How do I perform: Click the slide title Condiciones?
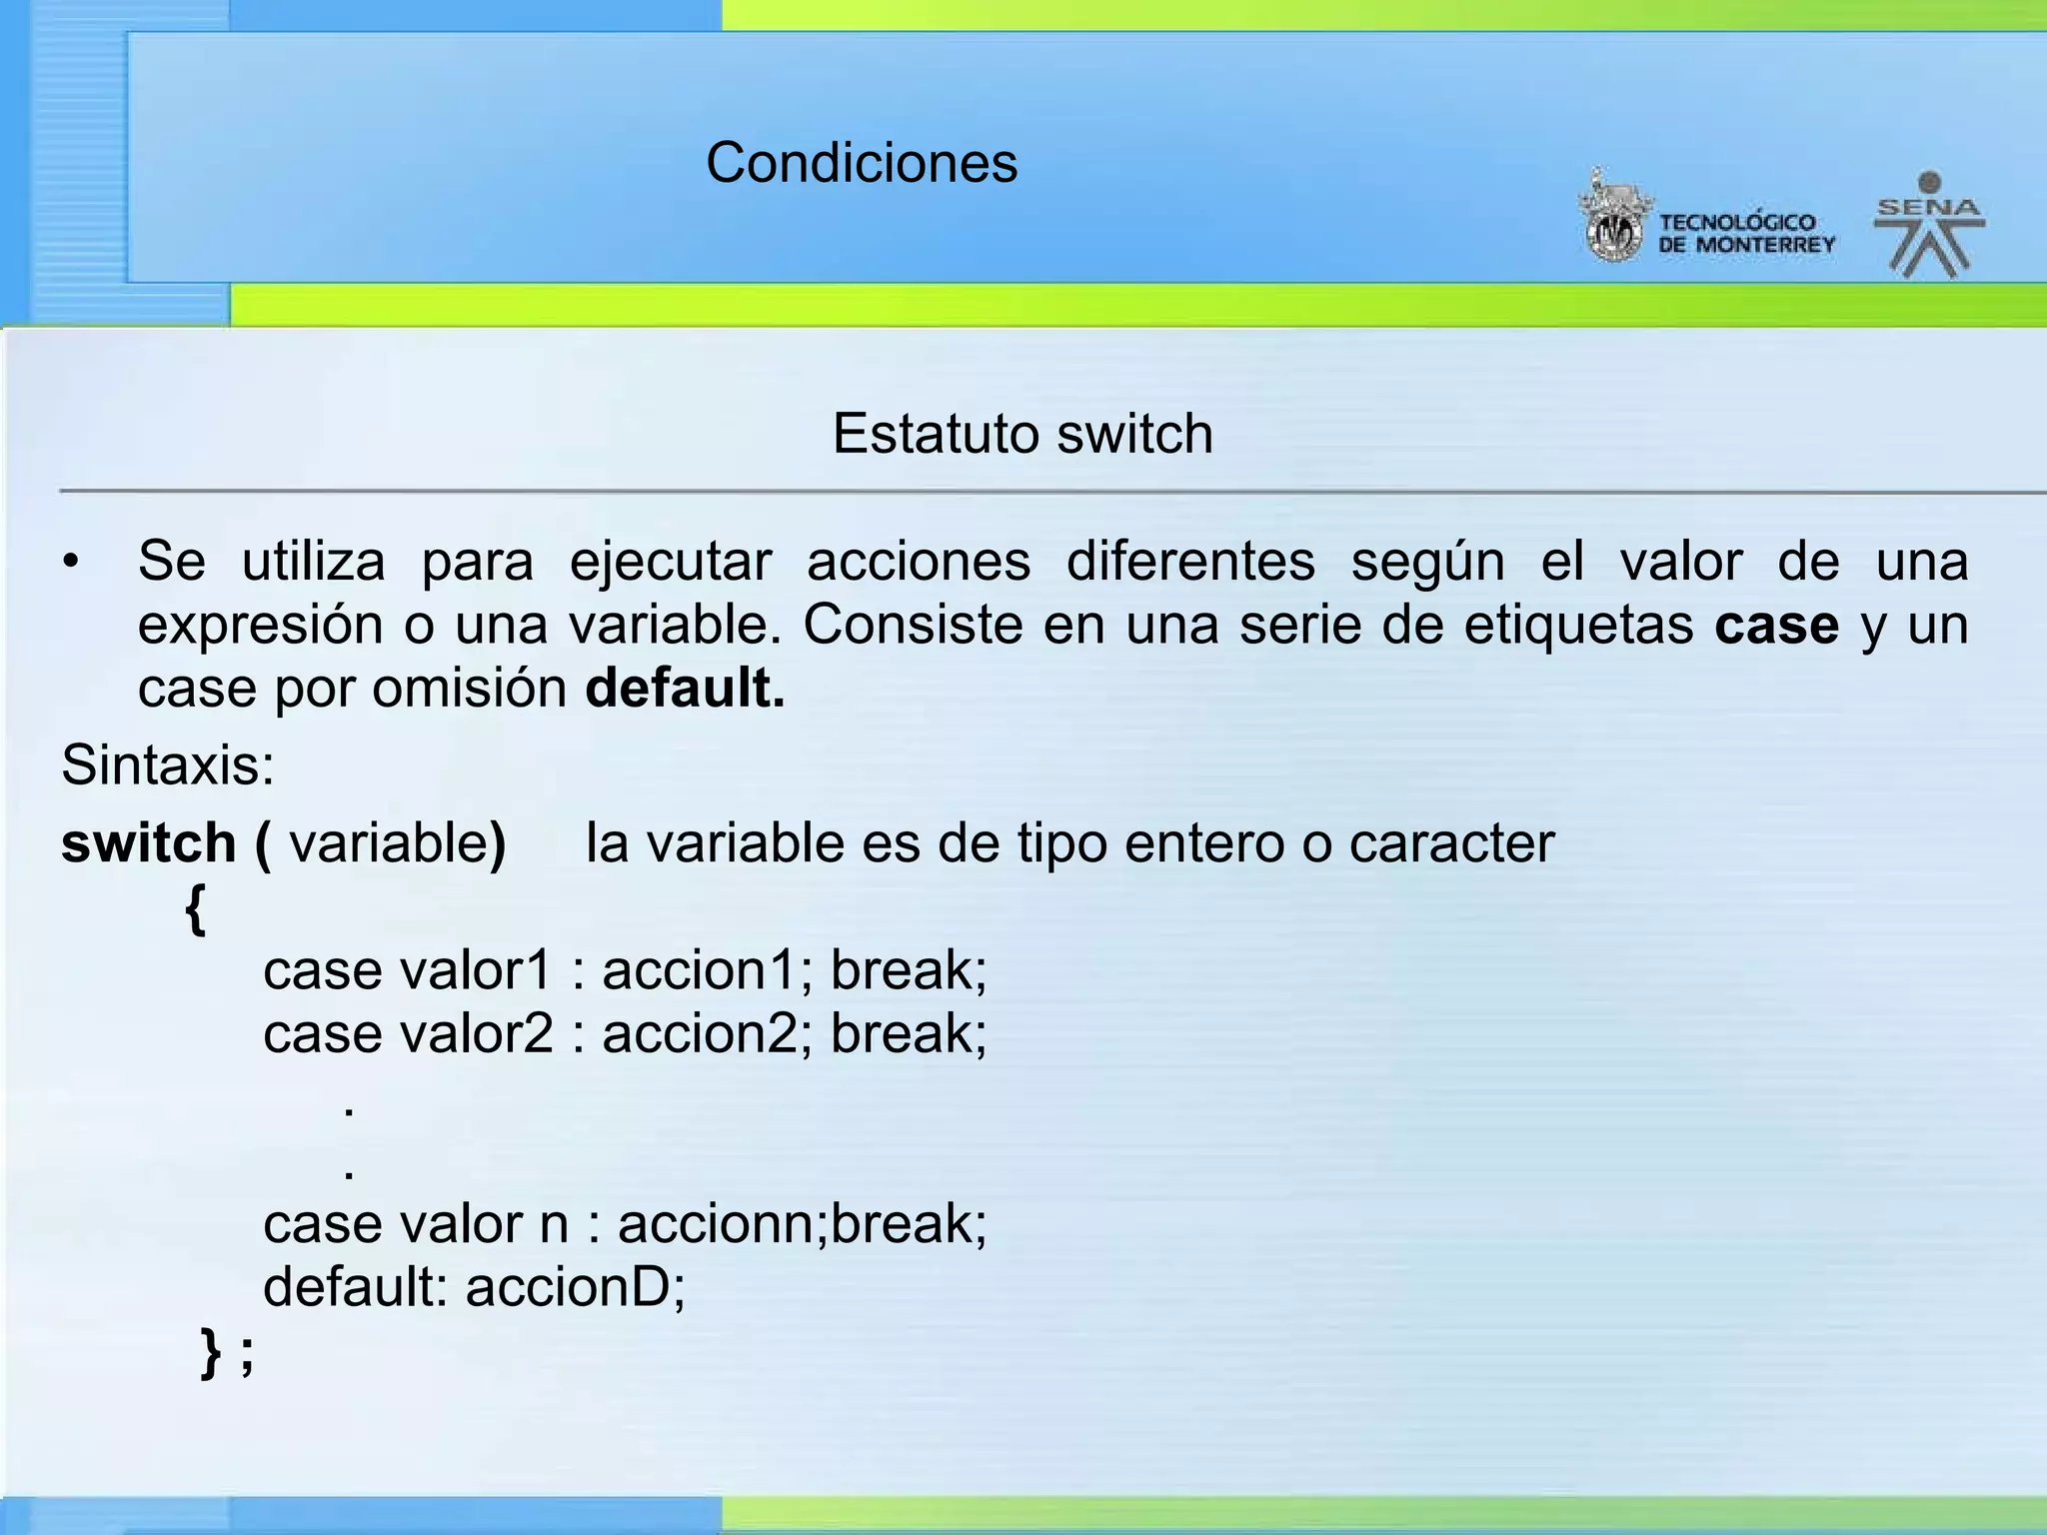point(862,162)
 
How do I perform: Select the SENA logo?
point(1928,226)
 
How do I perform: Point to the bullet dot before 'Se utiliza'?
point(69,562)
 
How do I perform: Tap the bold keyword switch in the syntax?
point(148,842)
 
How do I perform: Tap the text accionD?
point(575,1286)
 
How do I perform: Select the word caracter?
point(1451,842)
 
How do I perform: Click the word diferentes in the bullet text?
point(1190,561)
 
